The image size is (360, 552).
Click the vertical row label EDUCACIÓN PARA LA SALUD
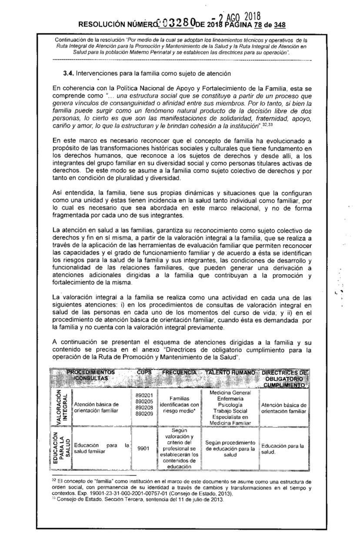60,449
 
